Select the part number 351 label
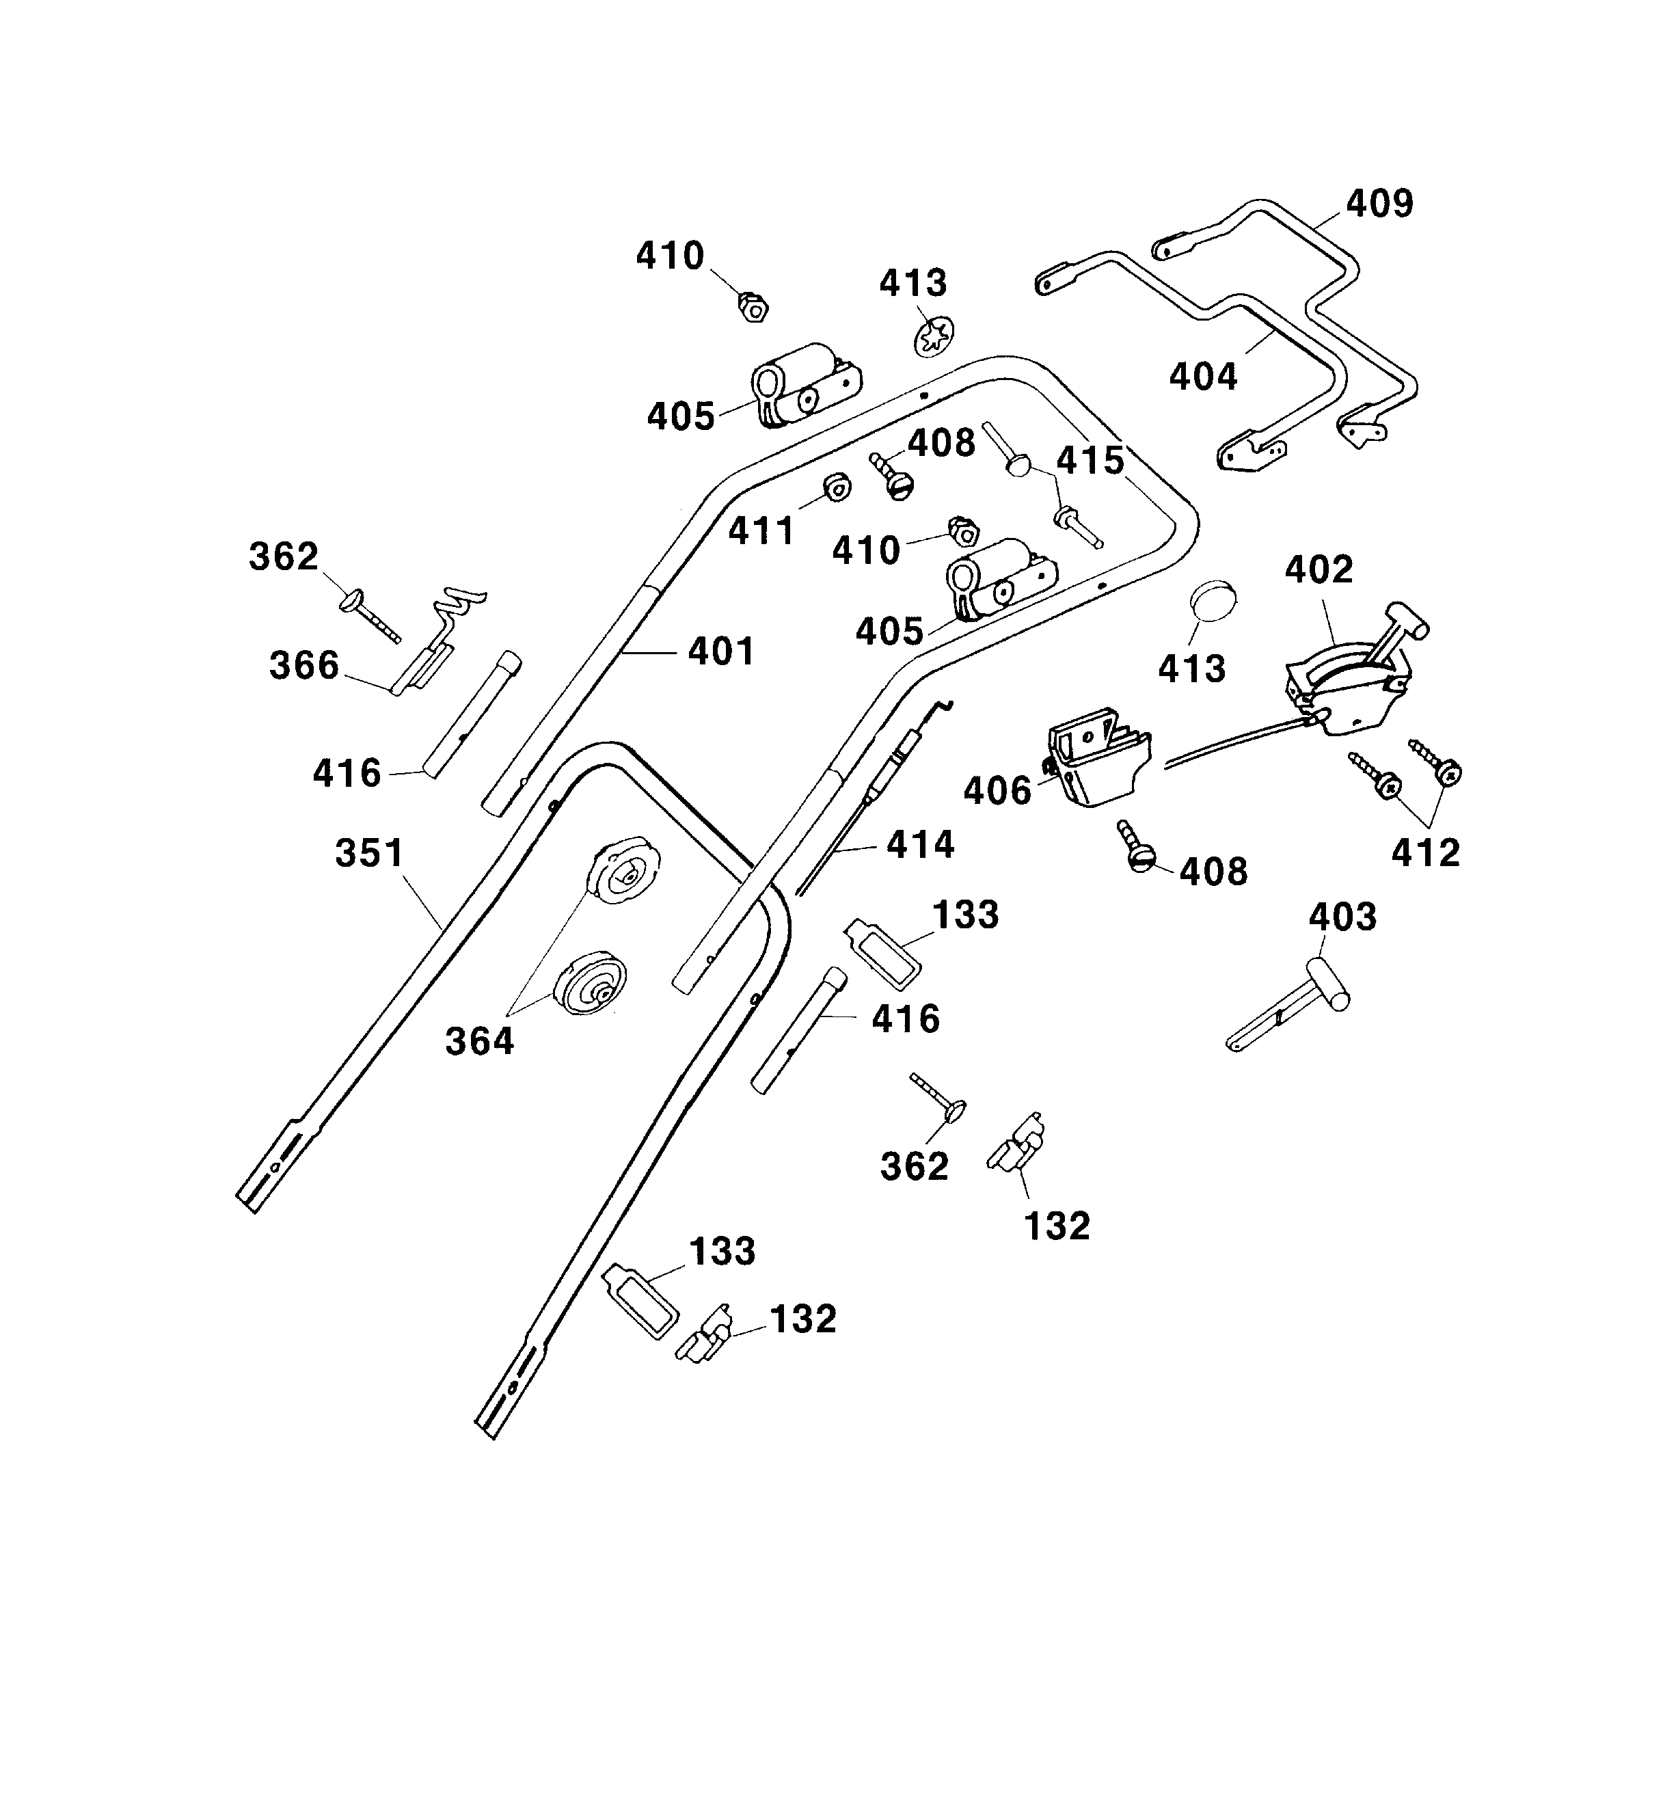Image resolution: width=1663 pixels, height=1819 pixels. coord(369,852)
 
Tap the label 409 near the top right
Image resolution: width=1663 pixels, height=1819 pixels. coord(1379,204)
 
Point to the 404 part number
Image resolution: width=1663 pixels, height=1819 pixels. coord(1203,375)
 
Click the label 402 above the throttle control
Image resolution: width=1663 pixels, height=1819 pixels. coord(1319,569)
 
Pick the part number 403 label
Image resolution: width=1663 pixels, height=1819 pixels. coord(1342,917)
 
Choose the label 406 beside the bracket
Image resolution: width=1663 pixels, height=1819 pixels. coord(997,792)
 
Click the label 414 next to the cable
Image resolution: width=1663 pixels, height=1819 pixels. coord(921,844)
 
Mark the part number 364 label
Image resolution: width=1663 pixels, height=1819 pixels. coord(479,1041)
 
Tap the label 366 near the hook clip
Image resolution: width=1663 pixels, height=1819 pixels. coord(304,665)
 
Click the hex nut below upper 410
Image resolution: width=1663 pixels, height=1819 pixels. coord(753,308)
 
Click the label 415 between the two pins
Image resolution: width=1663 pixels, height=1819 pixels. coord(1090,461)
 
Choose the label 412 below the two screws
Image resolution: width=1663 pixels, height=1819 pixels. coord(1424,852)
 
